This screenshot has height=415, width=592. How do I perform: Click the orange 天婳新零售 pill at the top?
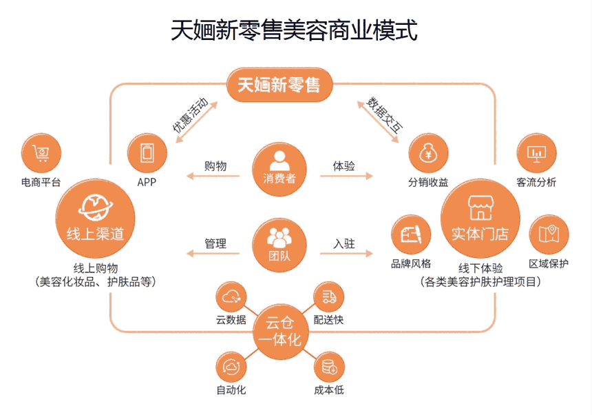pos(279,85)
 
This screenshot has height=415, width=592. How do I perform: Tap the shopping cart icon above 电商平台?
pos(41,154)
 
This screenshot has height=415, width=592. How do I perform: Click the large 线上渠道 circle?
pos(95,218)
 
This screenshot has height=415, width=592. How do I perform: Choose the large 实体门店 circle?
pos(479,218)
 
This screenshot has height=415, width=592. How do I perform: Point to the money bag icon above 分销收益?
pos(428,154)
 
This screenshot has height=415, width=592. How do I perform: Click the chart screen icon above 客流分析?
pos(536,154)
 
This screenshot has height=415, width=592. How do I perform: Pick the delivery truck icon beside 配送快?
pos(328,297)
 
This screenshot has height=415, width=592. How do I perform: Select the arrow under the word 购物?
pos(215,177)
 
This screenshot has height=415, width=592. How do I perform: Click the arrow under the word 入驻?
pos(344,254)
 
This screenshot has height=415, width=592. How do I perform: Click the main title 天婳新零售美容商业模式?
pos(295,31)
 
